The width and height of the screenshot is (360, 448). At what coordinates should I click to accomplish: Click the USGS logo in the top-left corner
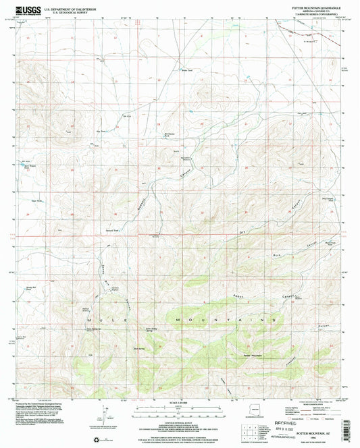tap(25, 9)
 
